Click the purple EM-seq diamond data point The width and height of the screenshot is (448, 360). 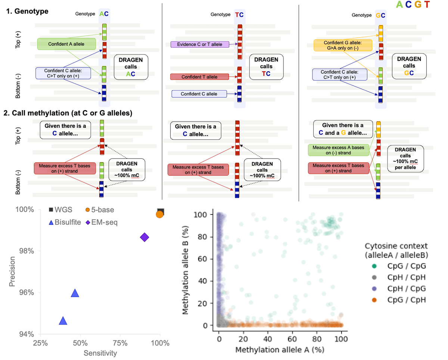coord(144,237)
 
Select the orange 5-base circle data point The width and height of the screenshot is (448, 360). coord(159,214)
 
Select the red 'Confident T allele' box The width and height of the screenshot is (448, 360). coord(199,77)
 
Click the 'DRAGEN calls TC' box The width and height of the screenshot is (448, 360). coord(266,66)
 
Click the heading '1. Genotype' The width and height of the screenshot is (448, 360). coord(28,11)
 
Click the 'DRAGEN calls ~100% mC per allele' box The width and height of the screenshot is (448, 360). coord(406,158)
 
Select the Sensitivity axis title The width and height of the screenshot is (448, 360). coord(100,353)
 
